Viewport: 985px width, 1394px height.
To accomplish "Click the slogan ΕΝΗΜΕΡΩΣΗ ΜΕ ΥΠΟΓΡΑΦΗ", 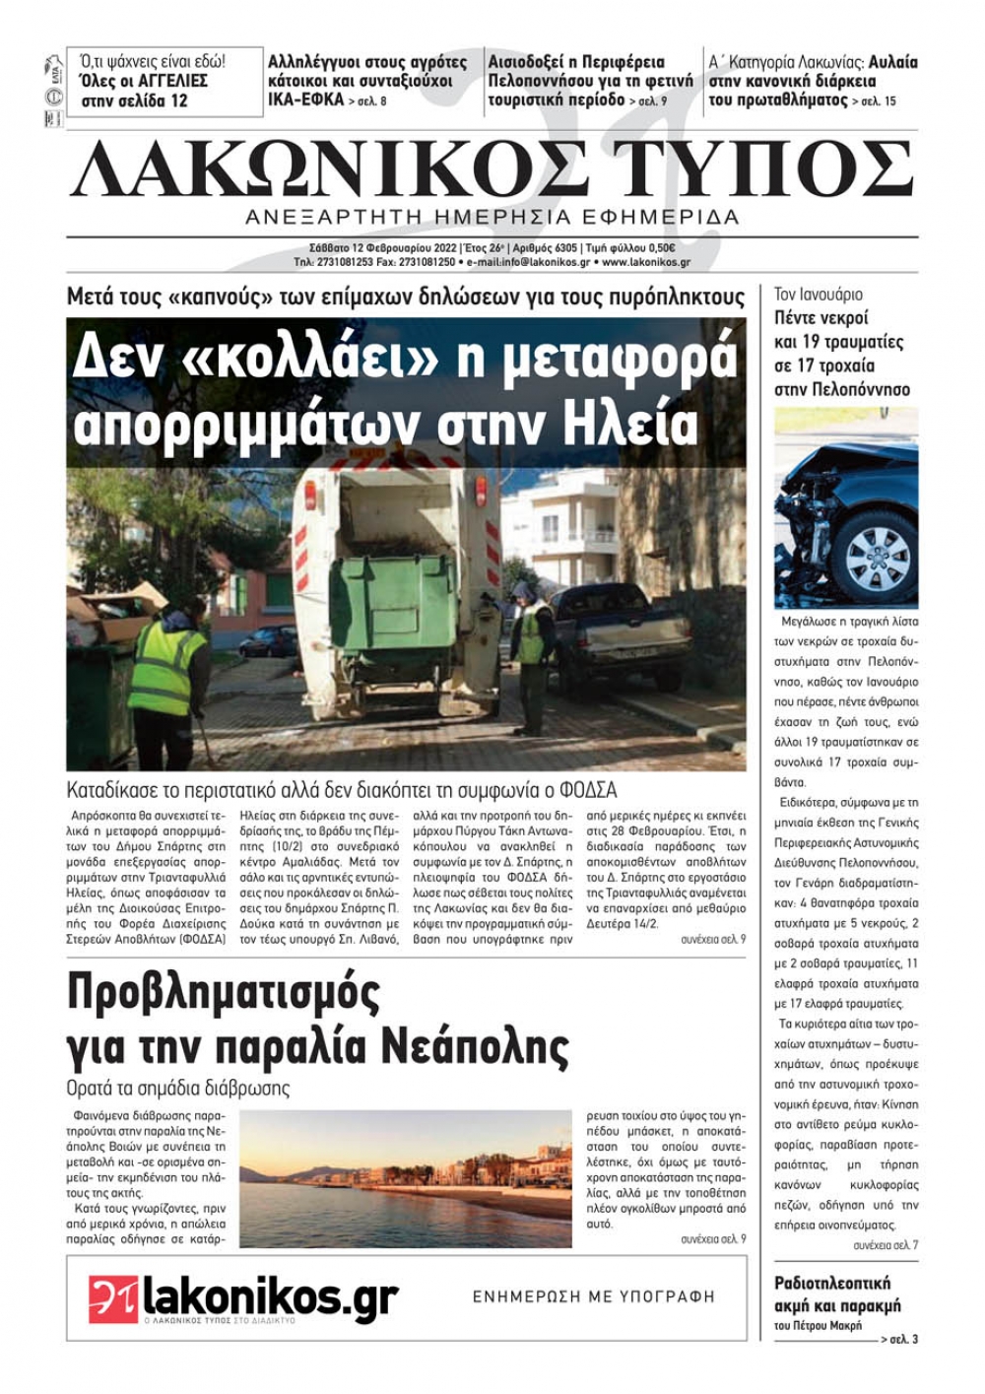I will [593, 1296].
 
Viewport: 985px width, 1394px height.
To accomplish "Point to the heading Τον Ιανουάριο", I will [818, 295].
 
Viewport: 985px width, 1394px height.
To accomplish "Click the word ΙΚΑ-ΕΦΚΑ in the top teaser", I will [305, 100].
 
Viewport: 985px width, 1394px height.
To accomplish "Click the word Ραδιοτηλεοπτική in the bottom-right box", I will [832, 1283].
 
